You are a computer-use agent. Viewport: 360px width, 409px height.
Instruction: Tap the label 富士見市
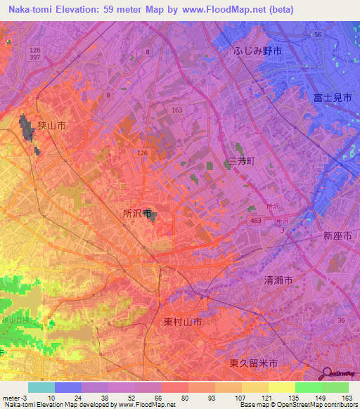pos(333,99)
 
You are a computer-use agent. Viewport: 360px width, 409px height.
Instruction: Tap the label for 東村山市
pos(183,322)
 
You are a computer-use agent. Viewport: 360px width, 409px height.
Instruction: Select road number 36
pos(341,320)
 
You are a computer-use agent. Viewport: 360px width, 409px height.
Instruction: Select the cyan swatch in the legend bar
pos(41,387)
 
